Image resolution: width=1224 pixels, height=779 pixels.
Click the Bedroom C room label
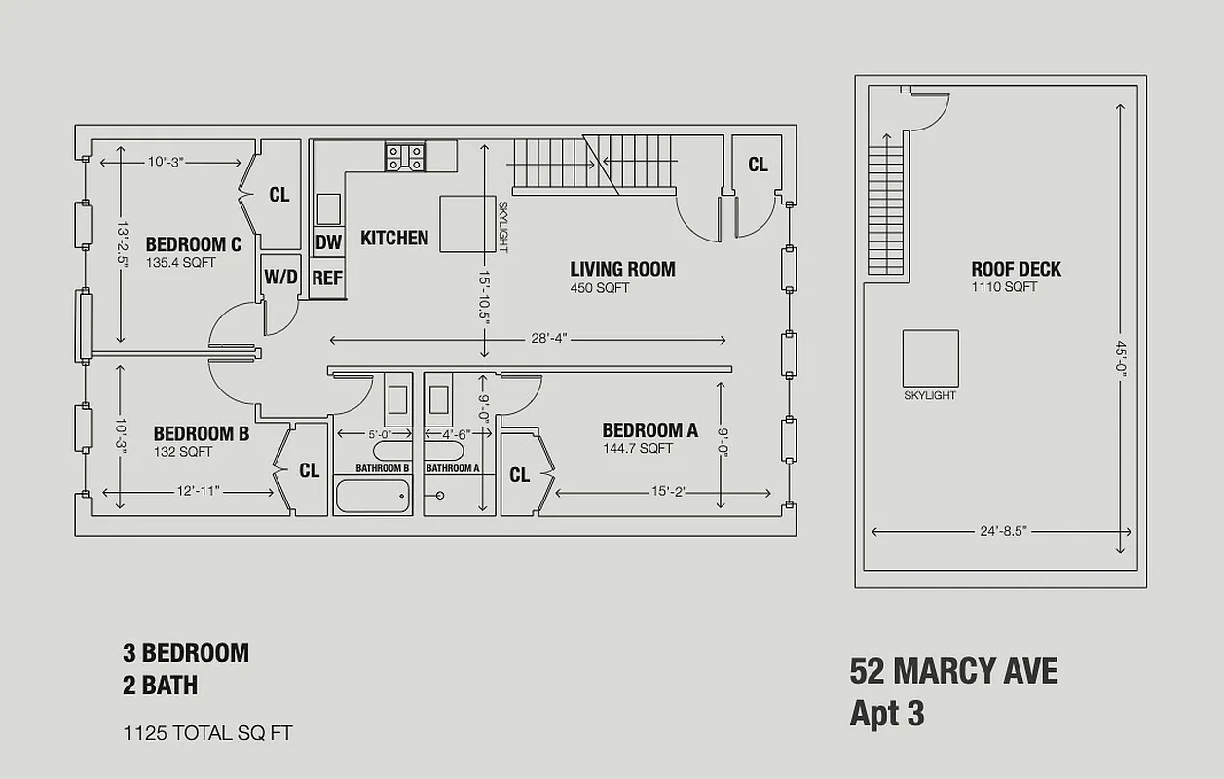pyautogui.click(x=193, y=244)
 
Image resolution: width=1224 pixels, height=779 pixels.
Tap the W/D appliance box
pyautogui.click(x=280, y=277)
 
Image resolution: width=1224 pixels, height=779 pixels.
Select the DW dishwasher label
pyautogui.click(x=328, y=242)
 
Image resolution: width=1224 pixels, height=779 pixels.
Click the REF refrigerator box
pyautogui.click(x=327, y=278)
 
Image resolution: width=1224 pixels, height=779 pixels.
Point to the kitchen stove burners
pyautogui.click(x=404, y=157)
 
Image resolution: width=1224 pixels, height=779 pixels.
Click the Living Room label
pyautogui.click(x=622, y=269)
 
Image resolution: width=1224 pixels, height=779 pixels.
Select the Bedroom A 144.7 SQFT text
pyautogui.click(x=637, y=449)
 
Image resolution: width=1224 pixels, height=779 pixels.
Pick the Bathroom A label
pyautogui.click(x=453, y=468)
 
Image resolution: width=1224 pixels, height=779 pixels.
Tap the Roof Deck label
pyautogui.click(x=1016, y=269)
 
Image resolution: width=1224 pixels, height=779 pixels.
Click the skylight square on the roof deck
pyautogui.click(x=930, y=357)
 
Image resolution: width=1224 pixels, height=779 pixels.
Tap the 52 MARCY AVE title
pyautogui.click(x=953, y=671)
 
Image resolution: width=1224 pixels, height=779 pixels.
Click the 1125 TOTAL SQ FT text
pyautogui.click(x=206, y=732)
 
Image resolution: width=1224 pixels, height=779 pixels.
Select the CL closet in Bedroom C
pyautogui.click(x=279, y=195)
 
